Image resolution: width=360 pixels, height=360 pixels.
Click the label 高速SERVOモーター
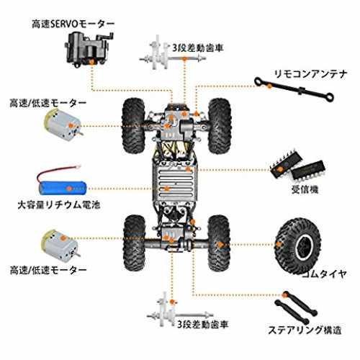tap(73, 24)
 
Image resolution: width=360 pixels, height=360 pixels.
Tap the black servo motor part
tap(89, 50)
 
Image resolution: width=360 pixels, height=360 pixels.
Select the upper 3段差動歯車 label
tap(198, 48)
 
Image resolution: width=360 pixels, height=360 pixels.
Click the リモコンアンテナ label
tap(310, 74)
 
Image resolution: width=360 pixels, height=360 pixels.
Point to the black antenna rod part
tap(294, 89)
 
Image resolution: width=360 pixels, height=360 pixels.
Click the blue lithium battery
tap(63, 188)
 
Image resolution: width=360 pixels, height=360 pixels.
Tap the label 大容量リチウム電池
tap(59, 204)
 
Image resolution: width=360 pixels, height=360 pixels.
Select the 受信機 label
tap(305, 189)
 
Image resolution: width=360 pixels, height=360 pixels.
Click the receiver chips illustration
tap(298, 167)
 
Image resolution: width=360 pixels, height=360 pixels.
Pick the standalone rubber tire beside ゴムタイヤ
tap(297, 246)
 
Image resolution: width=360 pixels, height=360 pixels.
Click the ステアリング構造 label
tap(305, 330)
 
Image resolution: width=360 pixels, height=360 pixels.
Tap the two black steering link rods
tap(295, 307)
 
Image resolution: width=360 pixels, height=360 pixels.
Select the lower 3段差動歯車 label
tap(203, 325)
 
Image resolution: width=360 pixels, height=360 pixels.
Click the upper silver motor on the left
tap(63, 125)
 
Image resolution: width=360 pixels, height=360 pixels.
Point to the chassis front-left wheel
tap(134, 125)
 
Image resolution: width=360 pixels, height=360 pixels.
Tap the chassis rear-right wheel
tap(219, 243)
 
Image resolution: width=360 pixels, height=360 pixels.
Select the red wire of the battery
tap(58, 171)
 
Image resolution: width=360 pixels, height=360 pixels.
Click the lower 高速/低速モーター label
tap(48, 271)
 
